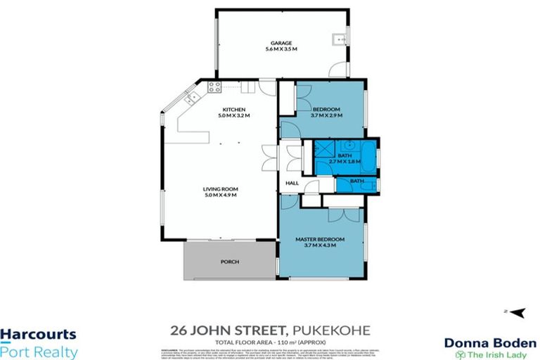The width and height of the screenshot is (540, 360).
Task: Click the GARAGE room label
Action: tap(281, 42)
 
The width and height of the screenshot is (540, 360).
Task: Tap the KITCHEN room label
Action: tap(233, 110)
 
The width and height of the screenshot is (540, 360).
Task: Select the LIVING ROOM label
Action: tap(219, 189)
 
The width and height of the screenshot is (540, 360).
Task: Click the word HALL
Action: tap(292, 184)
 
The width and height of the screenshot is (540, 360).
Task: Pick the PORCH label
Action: tap(230, 262)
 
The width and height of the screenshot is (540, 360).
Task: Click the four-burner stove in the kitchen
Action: tap(214, 87)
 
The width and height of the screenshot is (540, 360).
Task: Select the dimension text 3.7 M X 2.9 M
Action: tap(326, 116)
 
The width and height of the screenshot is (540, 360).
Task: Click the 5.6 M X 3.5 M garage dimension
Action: tap(281, 49)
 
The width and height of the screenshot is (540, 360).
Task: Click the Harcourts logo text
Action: tap(38, 336)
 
